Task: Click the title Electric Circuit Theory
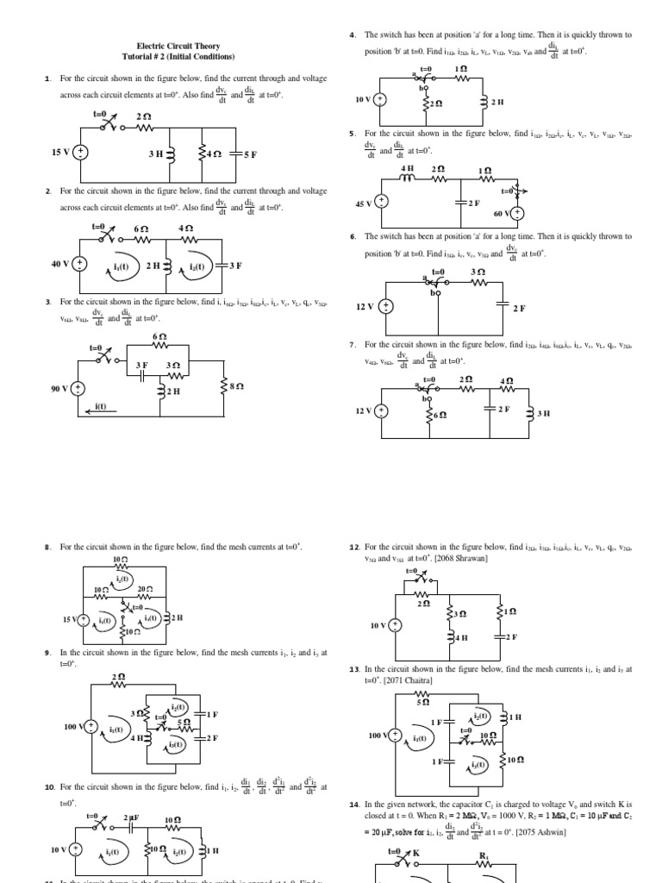[x=178, y=46]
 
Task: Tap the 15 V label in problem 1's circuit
[x=60, y=152]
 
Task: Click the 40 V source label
[x=60, y=265]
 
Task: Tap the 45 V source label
[x=364, y=204]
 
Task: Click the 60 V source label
[x=502, y=212]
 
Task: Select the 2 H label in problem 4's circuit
[x=496, y=102]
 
